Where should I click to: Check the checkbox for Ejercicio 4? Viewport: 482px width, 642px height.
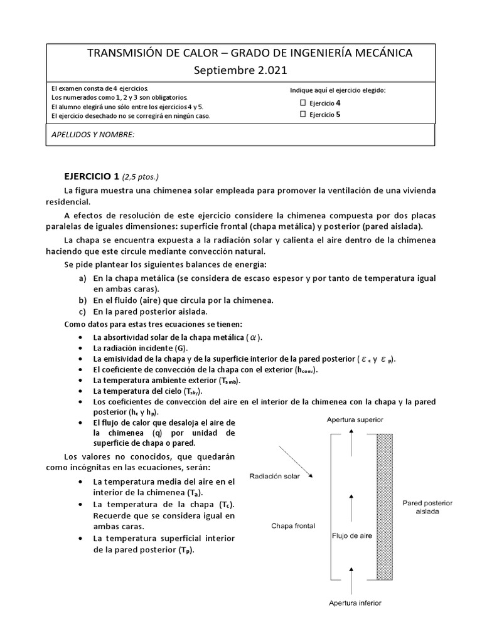[303, 103]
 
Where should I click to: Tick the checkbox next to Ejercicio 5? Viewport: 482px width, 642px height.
[303, 114]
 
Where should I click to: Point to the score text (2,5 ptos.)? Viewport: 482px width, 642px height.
[146, 177]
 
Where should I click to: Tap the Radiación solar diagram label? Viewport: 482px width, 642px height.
[274, 476]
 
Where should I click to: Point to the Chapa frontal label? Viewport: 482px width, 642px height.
[293, 525]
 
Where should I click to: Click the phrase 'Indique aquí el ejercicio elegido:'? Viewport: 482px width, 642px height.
[338, 90]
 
